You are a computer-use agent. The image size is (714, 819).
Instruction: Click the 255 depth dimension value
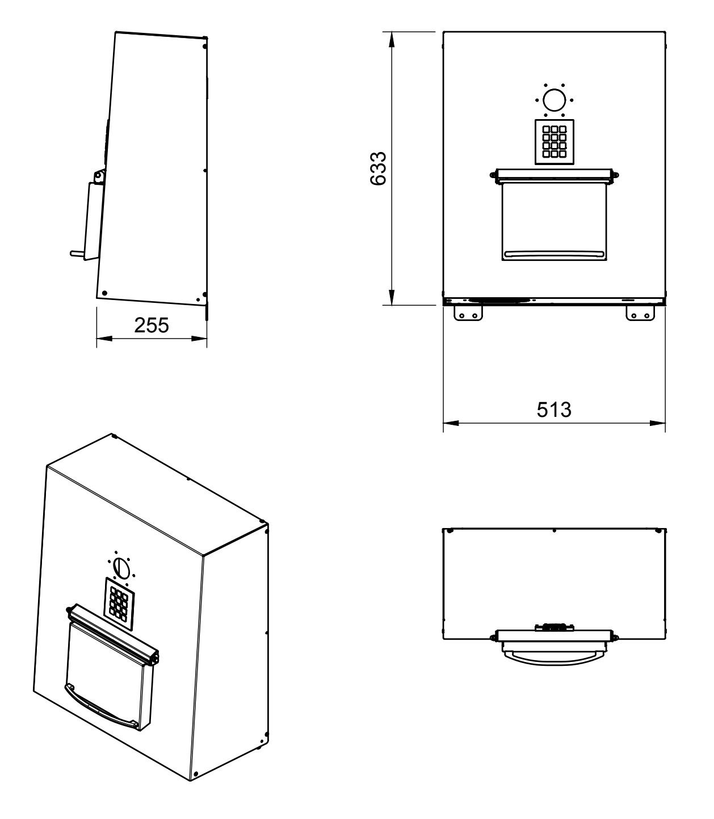pos(152,325)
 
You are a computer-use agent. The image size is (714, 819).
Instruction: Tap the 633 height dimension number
pos(378,168)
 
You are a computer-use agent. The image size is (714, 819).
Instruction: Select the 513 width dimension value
pos(554,409)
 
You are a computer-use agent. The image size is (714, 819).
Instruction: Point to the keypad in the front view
pos(554,142)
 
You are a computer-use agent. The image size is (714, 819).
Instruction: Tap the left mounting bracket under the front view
pos(468,314)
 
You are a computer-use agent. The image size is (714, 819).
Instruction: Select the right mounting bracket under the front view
pos(640,314)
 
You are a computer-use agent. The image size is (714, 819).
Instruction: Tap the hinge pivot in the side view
pos(98,177)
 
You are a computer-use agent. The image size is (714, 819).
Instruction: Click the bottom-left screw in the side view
pos(104,293)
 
